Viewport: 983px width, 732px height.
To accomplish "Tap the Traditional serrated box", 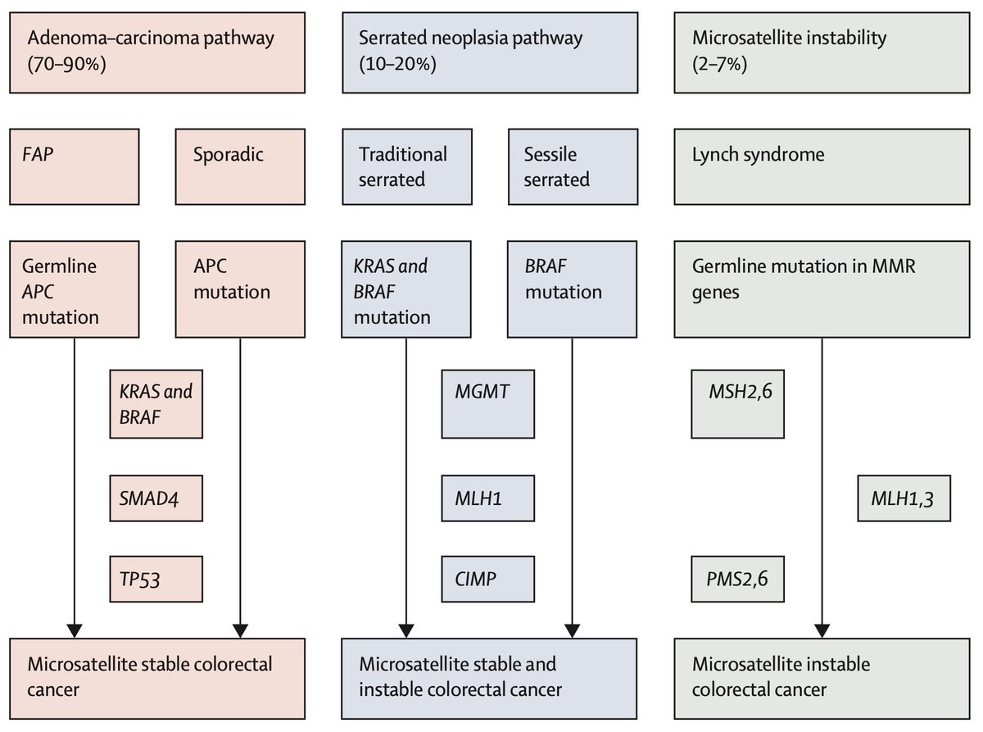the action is (405, 166).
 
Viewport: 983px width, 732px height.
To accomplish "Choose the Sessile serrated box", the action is (572, 166).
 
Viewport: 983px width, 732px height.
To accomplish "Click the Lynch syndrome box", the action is (820, 166).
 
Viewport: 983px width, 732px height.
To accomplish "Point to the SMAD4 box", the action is (156, 498).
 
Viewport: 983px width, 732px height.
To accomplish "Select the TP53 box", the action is (156, 580).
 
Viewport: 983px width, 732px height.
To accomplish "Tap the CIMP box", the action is (488, 580).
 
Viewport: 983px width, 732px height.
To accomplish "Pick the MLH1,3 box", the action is (904, 498).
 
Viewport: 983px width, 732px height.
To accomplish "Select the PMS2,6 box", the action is (737, 580).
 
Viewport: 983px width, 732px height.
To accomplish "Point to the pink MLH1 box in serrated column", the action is (488, 498).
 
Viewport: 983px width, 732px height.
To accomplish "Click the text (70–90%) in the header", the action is (68, 65).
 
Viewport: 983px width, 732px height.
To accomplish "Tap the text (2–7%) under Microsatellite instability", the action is (720, 65).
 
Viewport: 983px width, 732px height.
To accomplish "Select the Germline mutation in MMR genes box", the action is (820, 289).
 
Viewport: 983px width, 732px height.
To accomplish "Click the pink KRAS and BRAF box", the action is (156, 403).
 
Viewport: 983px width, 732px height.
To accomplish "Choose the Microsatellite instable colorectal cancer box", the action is (820, 677).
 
